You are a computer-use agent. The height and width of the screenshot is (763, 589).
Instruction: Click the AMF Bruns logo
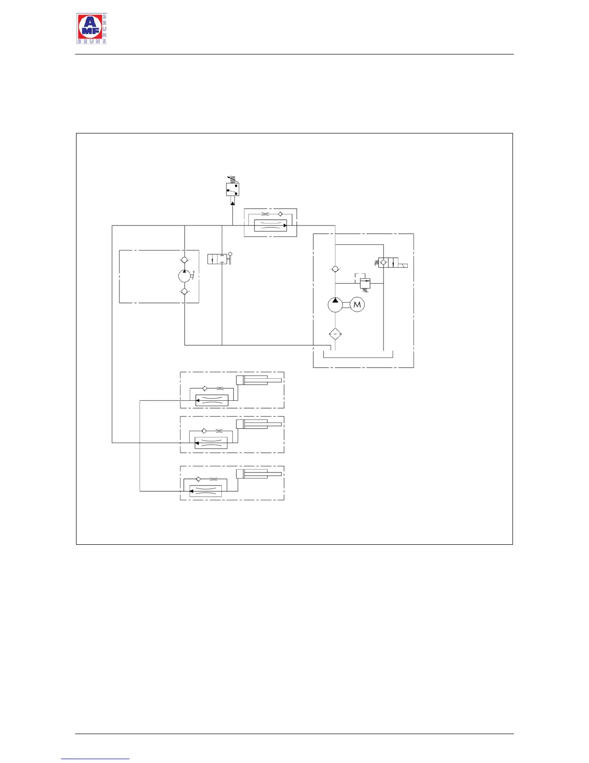click(x=91, y=29)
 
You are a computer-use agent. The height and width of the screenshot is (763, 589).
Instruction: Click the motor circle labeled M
click(x=357, y=304)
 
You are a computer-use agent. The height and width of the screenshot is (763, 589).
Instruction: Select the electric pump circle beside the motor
click(x=335, y=304)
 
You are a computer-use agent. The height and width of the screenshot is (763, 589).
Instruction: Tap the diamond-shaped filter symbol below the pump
click(x=335, y=334)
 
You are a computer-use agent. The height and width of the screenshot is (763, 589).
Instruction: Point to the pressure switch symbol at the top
click(x=233, y=189)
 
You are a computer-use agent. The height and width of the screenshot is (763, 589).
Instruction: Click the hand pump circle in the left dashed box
click(x=184, y=276)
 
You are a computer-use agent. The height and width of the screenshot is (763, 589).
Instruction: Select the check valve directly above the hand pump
click(x=184, y=261)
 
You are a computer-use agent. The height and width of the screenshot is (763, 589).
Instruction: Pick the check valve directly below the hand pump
click(x=184, y=291)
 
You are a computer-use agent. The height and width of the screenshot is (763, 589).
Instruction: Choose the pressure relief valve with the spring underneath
click(x=365, y=283)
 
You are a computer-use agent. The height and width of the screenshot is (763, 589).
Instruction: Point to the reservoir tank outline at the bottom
click(x=359, y=355)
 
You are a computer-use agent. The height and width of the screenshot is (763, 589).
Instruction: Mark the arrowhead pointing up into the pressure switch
click(x=233, y=203)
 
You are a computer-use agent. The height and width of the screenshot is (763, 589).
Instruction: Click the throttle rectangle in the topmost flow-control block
click(x=270, y=225)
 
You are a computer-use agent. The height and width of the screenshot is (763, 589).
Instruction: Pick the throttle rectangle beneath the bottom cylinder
click(x=205, y=491)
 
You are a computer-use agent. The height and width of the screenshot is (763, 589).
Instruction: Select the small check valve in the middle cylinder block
click(x=204, y=431)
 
